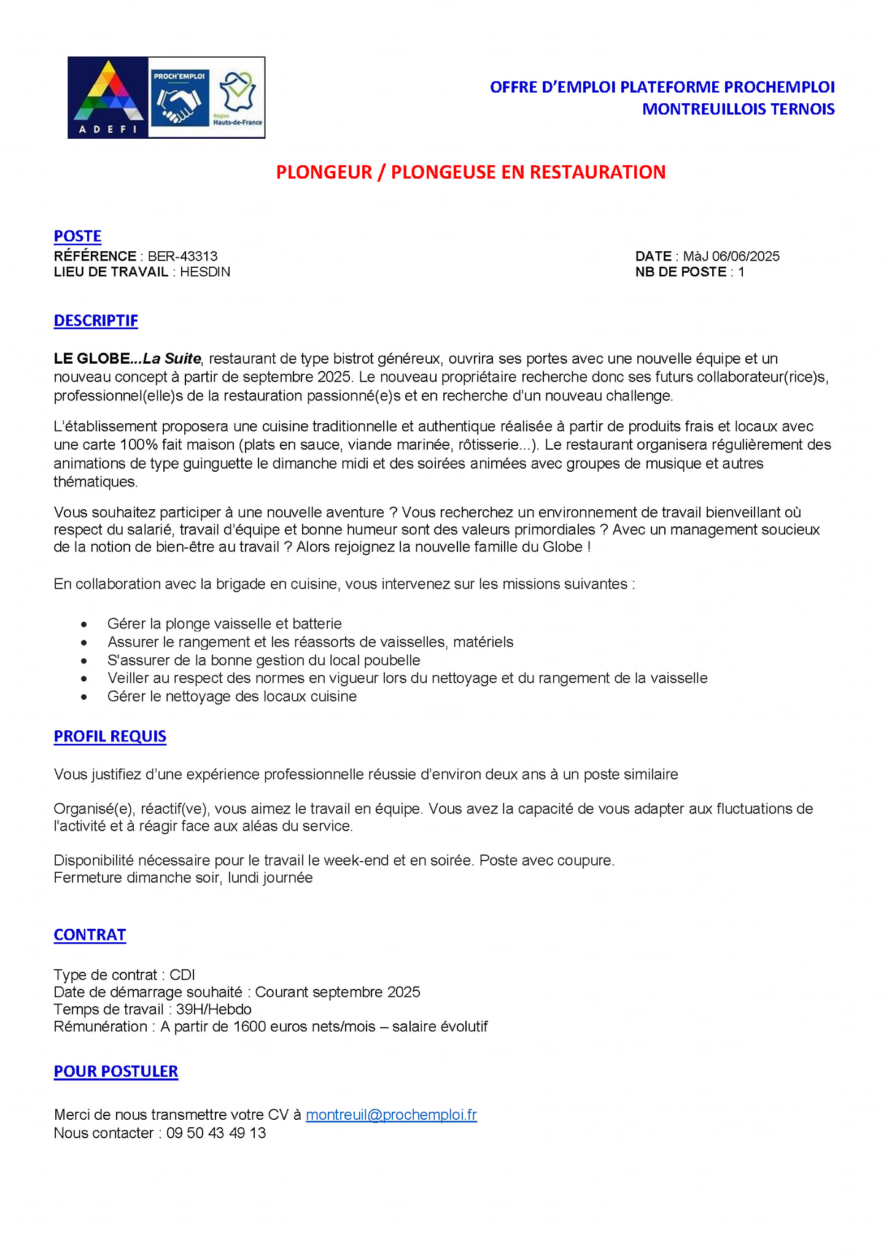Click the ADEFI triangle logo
click(107, 97)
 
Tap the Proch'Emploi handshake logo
click(179, 98)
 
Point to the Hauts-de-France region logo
click(238, 98)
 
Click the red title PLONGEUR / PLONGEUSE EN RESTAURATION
click(470, 172)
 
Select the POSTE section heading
click(77, 236)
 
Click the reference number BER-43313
click(182, 256)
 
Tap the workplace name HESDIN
click(205, 272)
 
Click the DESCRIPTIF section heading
click(96, 321)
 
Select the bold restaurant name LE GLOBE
click(92, 359)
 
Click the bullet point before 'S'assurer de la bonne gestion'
click(84, 661)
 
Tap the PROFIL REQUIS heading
click(110, 736)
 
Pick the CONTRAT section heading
click(90, 935)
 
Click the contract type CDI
click(182, 975)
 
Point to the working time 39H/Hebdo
click(214, 1009)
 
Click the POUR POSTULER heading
click(116, 1071)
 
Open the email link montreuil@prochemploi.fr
click(391, 1115)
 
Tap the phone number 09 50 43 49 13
click(216, 1133)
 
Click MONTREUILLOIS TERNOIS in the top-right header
click(738, 109)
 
